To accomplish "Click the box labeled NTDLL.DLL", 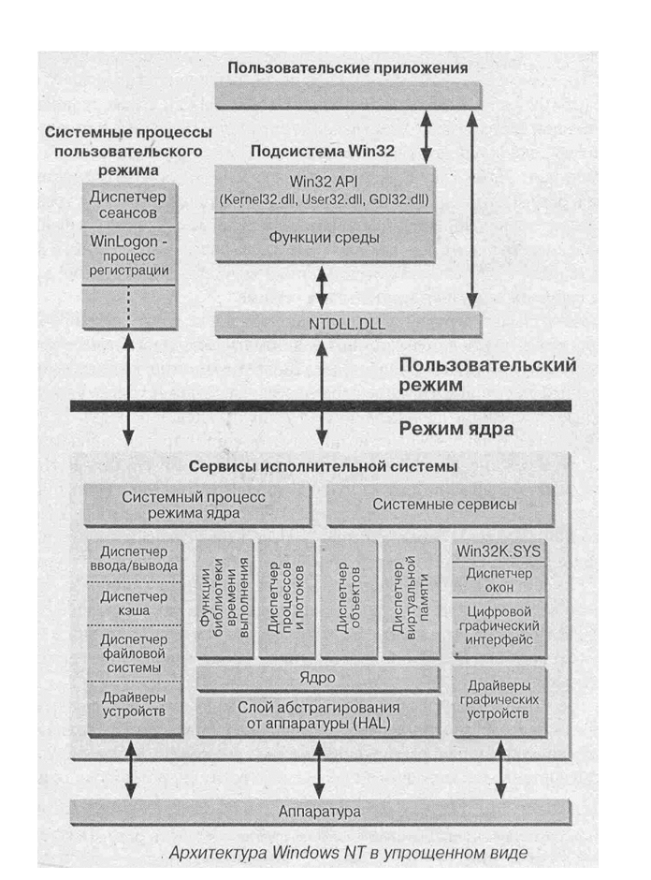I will tap(348, 324).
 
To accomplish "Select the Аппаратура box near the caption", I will tap(320, 810).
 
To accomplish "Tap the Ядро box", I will tap(318, 677).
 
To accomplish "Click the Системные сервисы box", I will tap(444, 505).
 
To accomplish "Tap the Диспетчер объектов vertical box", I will tap(349, 598).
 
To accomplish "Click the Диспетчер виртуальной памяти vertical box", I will tap(411, 598).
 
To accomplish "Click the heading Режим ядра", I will tap(454, 431).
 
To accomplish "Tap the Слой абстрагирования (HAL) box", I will tap(318, 716).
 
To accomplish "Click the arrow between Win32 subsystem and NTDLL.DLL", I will tap(324, 286).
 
